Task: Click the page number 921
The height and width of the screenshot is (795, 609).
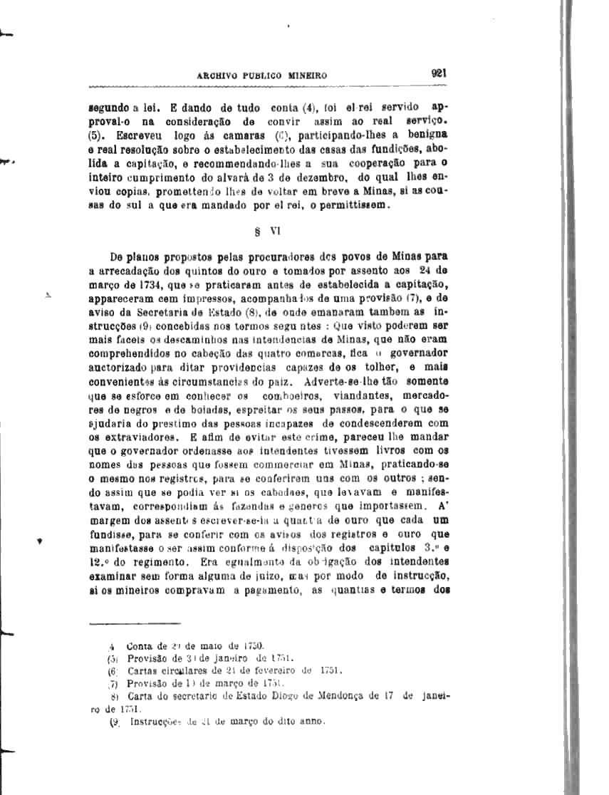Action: (438, 72)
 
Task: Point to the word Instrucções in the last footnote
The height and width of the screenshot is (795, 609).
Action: (156, 721)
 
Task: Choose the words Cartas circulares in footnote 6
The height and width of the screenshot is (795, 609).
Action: (162, 670)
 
